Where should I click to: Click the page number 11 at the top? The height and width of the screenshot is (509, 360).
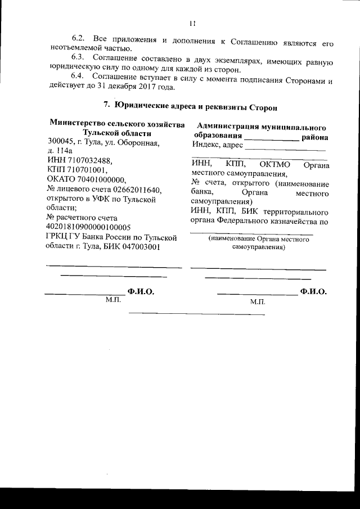192,24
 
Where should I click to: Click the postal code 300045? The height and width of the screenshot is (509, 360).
61,142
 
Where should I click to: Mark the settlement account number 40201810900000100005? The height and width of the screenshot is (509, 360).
90,227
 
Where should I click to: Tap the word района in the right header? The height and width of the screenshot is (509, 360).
316,137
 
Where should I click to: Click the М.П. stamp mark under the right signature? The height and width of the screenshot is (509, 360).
258,302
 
